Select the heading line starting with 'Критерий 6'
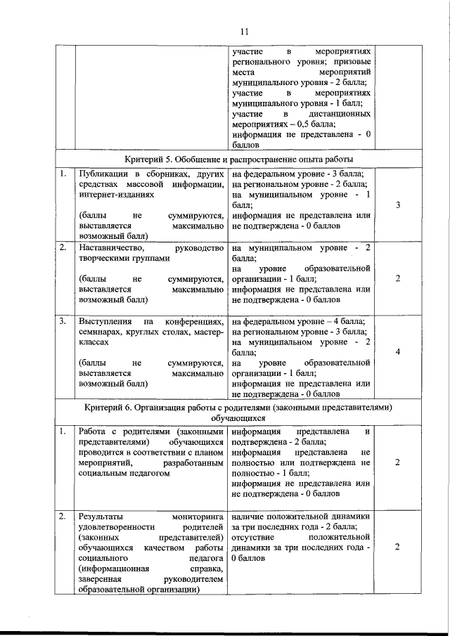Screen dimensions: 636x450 [x=238, y=408]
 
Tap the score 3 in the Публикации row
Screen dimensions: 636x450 [x=398, y=205]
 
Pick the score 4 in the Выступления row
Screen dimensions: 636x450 [x=398, y=353]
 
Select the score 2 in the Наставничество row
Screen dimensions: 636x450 [x=398, y=278]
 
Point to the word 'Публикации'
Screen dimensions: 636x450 [x=103, y=174]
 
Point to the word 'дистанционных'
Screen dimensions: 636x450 [x=340, y=113]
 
